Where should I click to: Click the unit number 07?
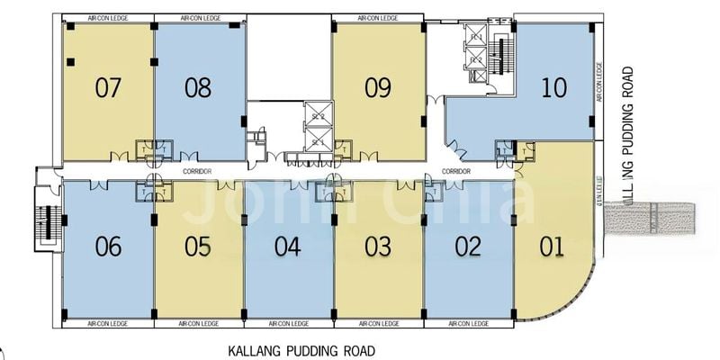pyautogui.click(x=108, y=87)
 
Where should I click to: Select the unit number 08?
pyautogui.click(x=198, y=87)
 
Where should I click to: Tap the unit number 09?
pyautogui.click(x=378, y=87)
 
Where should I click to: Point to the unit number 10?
pyautogui.click(x=554, y=87)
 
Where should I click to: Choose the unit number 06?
pyautogui.click(x=108, y=247)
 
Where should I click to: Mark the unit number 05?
pyautogui.click(x=198, y=247)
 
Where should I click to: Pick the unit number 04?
pyautogui.click(x=288, y=247)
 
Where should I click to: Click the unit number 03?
pyautogui.click(x=378, y=247)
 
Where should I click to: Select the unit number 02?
pyautogui.click(x=468, y=247)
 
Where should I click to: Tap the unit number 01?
pyautogui.click(x=554, y=247)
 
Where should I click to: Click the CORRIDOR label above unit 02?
pyautogui.click(x=457, y=171)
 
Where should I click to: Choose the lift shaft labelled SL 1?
pyautogui.click(x=318, y=141)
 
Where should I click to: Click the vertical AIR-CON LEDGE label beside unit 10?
pyautogui.click(x=600, y=81)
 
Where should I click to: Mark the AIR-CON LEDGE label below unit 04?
pyautogui.click(x=288, y=322)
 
